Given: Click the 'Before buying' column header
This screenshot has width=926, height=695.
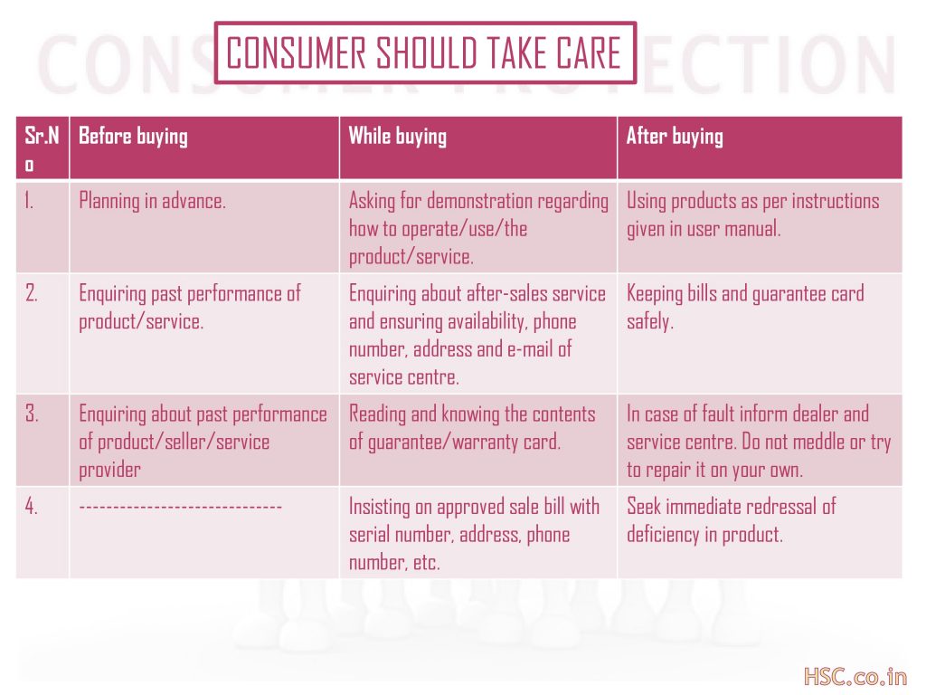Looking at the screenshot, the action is tap(134, 137).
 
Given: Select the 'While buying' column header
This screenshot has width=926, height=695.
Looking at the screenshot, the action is tap(398, 137).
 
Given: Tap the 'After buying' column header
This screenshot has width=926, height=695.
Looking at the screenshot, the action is tap(675, 137).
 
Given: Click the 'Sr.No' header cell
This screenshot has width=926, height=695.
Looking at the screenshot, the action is tap(42, 149).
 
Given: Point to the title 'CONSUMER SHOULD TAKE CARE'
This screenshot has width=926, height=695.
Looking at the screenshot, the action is tap(424, 53).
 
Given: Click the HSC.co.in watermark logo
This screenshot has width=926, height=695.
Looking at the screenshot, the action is tap(855, 676).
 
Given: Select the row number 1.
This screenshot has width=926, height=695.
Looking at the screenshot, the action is tap(29, 201).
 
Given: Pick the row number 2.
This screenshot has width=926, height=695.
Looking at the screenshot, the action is tap(32, 294).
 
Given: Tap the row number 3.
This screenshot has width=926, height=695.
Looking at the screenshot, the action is tap(32, 414).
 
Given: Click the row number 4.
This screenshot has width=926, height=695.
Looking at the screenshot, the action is tap(32, 507).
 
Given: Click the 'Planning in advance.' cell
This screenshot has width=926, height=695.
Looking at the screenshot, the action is tap(152, 202).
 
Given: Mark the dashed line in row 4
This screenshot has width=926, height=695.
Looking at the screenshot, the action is tap(180, 507).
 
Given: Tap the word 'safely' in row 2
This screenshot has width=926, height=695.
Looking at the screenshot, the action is tap(649, 322).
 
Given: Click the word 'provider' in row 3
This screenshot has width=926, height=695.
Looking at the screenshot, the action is tap(109, 471).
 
